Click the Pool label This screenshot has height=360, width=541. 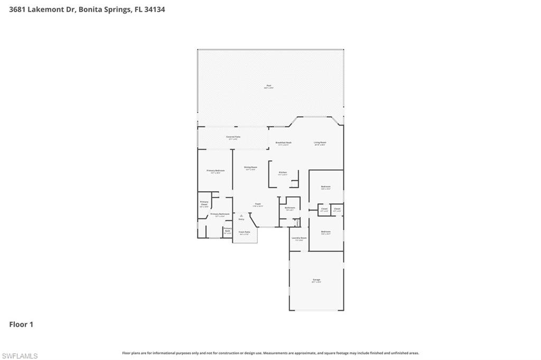pos(268,86)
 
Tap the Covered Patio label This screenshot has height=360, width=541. pos(233,137)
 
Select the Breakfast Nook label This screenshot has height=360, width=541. pos(283,143)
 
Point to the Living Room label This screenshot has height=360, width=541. pos(320,143)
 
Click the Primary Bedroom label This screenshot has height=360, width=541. pos(216,170)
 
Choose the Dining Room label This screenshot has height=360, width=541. pos(250,167)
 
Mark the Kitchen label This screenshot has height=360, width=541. pos(283,173)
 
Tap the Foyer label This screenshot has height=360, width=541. pos(258,204)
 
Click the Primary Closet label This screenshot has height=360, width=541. pos(204,203)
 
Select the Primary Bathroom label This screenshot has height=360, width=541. pos(220,214)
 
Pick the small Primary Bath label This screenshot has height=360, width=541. pos(227,230)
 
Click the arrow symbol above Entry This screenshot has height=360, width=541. pos(241,215)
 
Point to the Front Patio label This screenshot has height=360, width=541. pos(244,232)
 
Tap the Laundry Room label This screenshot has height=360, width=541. pos(299,238)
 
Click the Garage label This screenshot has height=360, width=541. pos(316,280)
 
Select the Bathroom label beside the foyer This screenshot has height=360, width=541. pos(290,207)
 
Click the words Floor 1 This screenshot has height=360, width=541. pos(21,325)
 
